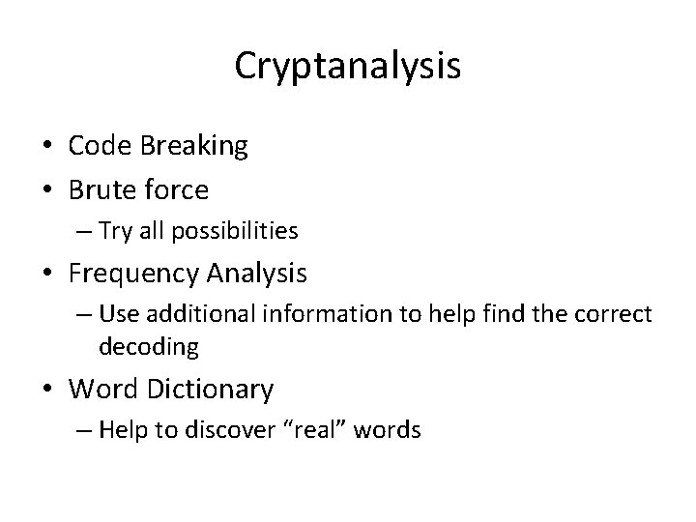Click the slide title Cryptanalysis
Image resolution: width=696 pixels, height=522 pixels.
[348, 66]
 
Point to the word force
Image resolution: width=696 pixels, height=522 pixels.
[178, 190]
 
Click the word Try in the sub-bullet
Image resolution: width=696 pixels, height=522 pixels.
[139, 230]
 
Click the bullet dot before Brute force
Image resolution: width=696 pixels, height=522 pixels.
[53, 190]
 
